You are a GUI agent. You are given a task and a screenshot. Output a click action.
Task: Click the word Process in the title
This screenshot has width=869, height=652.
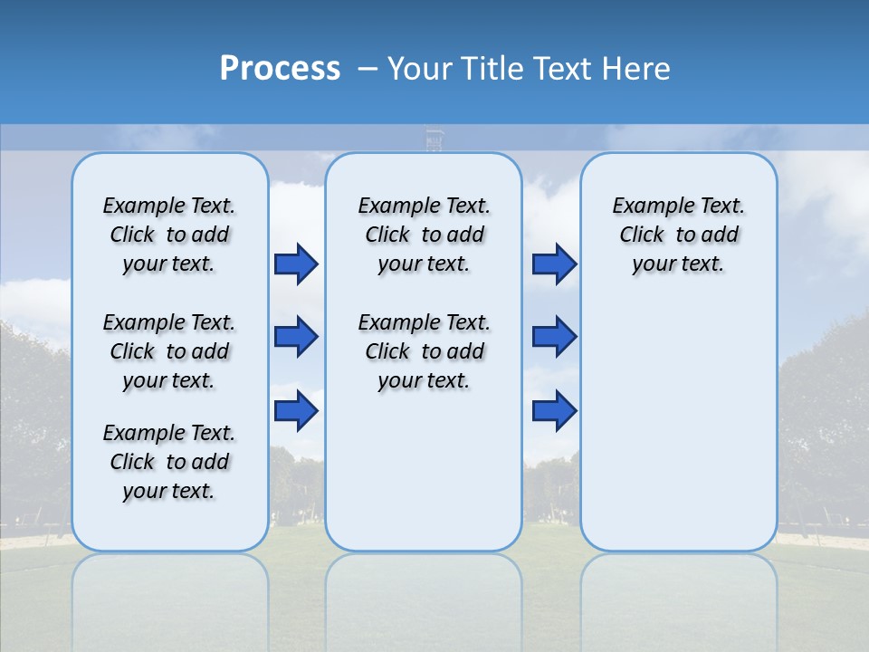pos(280,69)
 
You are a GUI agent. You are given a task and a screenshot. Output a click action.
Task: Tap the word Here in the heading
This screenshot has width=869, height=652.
pos(638,69)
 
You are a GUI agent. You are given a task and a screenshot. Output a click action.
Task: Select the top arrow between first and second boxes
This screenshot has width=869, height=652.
pos(296,264)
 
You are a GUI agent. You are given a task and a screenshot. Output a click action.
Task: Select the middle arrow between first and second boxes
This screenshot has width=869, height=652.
pos(296,337)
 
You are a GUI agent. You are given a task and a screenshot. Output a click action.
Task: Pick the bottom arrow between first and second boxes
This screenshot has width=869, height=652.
pos(296,410)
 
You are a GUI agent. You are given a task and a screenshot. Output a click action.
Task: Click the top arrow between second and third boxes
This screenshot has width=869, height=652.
pos(554,264)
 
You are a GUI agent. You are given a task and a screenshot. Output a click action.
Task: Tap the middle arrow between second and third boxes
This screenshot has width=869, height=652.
pos(554,337)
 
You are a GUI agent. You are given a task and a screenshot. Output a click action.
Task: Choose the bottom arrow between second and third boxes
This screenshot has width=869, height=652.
pos(554,410)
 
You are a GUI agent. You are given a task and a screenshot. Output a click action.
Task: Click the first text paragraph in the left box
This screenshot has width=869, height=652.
pos(169,235)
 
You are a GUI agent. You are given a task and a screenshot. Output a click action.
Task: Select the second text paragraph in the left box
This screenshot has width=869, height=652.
pos(169,351)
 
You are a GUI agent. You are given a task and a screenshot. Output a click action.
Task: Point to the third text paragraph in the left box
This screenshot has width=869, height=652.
pos(169,462)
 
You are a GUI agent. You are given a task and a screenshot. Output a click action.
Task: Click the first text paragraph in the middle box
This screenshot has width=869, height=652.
pos(424,235)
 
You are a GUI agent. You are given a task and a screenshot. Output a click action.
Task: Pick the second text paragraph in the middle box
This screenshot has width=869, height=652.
pos(424,351)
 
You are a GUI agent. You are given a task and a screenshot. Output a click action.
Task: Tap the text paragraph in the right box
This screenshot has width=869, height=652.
pos(678,235)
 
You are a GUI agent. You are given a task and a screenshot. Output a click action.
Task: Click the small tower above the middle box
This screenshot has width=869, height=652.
pos(434,140)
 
